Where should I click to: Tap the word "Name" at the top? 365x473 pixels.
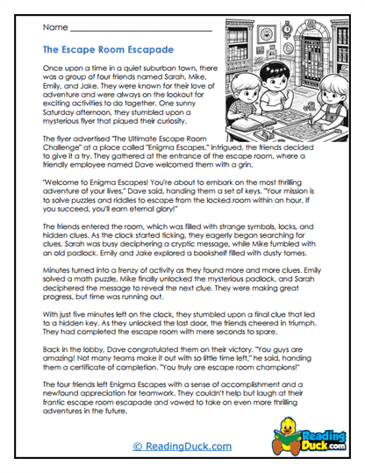pyautogui.click(x=54, y=27)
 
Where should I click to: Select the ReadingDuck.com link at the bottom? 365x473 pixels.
pyautogui.click(x=182, y=446)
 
